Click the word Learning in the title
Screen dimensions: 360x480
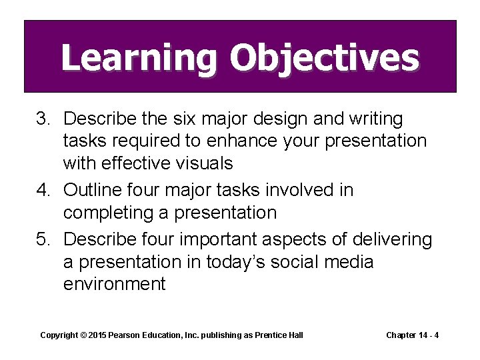point(139,58)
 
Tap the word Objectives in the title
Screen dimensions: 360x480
point(324,58)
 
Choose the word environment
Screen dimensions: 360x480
point(114,284)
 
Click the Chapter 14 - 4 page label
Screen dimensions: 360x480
point(412,335)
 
